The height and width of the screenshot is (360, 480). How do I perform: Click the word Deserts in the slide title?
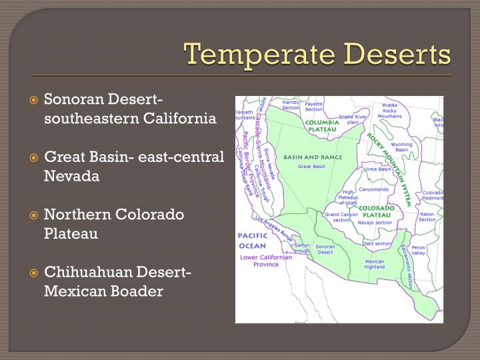393,54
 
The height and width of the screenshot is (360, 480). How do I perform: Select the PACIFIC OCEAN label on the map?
253,241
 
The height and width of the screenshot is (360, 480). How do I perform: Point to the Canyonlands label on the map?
373,189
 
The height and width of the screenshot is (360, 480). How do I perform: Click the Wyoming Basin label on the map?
401,147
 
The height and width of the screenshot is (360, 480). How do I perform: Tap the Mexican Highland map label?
375,264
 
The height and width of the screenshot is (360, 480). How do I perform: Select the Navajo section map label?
375,222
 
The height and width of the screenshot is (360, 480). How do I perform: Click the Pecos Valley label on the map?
418,250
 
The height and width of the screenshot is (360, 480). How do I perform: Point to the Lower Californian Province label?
265,261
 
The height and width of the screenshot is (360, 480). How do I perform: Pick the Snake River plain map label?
353,119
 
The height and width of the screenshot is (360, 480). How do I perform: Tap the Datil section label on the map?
377,243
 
